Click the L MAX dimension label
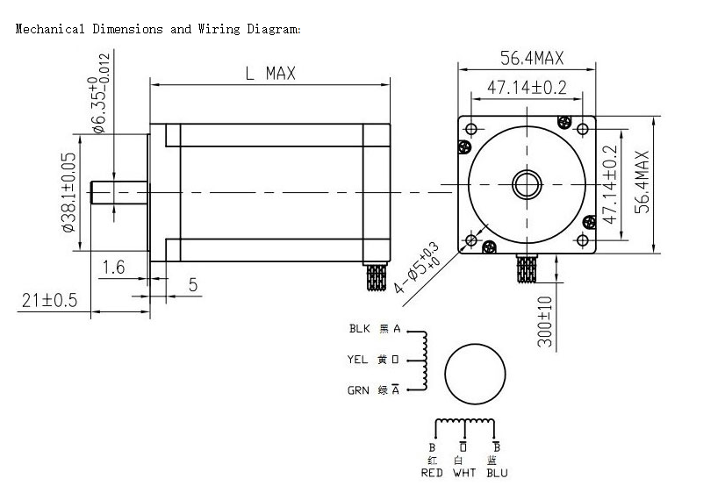click(x=270, y=74)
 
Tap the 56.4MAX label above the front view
click(x=532, y=59)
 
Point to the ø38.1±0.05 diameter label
click(x=68, y=193)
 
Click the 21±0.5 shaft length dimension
click(x=50, y=300)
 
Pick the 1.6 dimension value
click(x=114, y=267)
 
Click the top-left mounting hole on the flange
click(x=473, y=130)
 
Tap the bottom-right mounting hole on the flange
click(x=583, y=239)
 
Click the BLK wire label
click(x=360, y=330)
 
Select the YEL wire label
click(x=358, y=360)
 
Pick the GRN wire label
click(x=358, y=390)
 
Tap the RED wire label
click(x=432, y=473)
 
